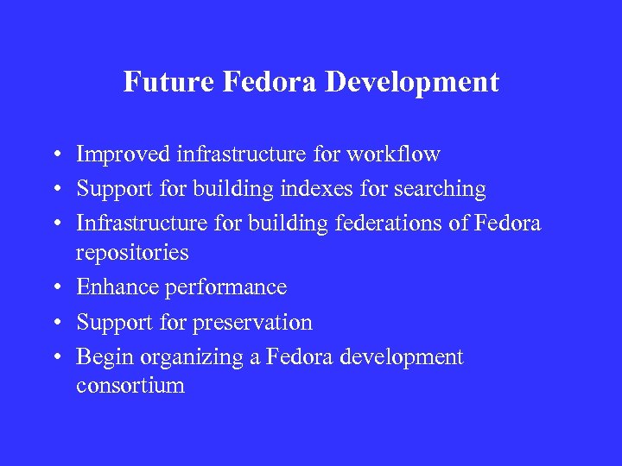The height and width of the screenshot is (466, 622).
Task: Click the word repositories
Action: point(132,253)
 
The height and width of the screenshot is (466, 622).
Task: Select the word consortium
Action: point(130,386)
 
